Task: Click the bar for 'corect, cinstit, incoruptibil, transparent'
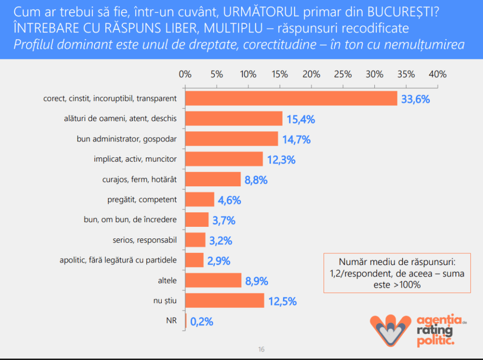(291, 98)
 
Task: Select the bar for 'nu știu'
(225, 301)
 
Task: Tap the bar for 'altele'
(213, 280)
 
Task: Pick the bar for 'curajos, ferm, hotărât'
(213, 180)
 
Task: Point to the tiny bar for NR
(186, 321)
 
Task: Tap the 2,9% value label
(219, 261)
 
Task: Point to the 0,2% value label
(201, 321)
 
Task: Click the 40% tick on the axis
(438, 74)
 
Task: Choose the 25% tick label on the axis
(343, 74)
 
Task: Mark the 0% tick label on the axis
(185, 74)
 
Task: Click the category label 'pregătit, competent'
(142, 199)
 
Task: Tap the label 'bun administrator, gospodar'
(127, 139)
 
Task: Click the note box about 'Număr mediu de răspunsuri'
(397, 273)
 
